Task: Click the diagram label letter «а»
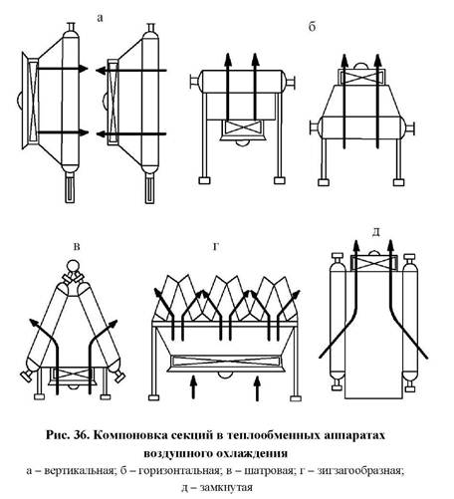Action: [100, 19]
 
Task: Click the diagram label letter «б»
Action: [312, 27]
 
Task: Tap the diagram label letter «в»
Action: [77, 247]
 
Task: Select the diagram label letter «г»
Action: [216, 247]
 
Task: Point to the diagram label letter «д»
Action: [375, 232]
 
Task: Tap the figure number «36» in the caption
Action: [81, 435]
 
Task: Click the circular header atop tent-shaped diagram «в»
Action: [73, 266]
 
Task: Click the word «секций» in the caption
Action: [192, 435]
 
